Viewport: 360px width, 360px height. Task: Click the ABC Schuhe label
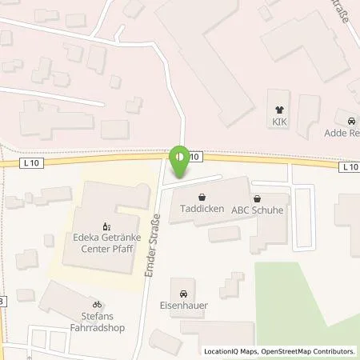click(x=258, y=210)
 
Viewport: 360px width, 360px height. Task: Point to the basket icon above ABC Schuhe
click(x=257, y=198)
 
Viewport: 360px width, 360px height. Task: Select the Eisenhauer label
click(x=185, y=304)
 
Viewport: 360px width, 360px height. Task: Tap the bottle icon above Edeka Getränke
click(x=102, y=226)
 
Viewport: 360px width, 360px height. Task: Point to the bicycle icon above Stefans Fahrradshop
click(x=98, y=305)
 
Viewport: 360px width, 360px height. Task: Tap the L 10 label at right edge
click(x=350, y=167)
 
